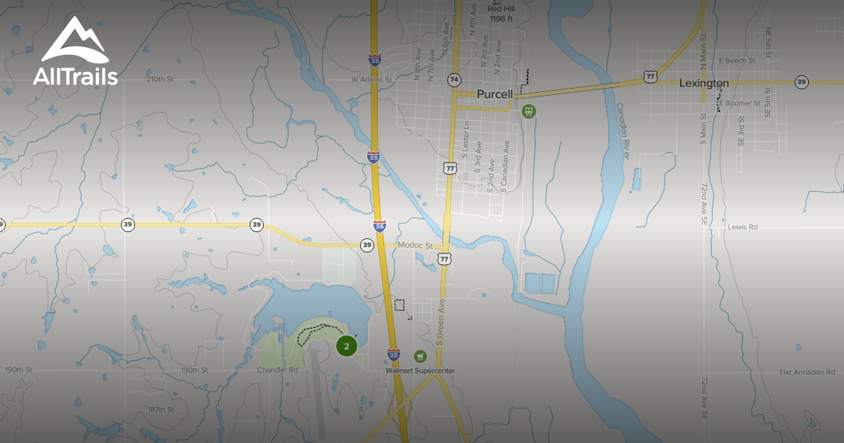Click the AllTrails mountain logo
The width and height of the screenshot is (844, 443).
(x=75, y=41)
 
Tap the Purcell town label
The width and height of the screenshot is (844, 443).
(x=494, y=94)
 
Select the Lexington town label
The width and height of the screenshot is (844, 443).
(x=703, y=83)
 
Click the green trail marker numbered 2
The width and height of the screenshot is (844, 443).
(x=346, y=346)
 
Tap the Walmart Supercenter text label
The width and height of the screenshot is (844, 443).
(x=420, y=371)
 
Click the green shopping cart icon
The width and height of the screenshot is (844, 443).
(x=421, y=357)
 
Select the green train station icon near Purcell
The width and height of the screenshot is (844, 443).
(x=528, y=111)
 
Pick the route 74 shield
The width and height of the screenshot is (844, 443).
(x=454, y=80)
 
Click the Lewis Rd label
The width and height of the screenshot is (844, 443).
(x=743, y=227)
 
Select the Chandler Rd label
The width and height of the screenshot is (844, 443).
(x=277, y=370)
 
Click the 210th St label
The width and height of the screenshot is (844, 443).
(x=160, y=79)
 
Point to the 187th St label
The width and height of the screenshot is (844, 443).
(x=161, y=409)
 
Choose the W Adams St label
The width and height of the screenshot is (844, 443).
(x=371, y=80)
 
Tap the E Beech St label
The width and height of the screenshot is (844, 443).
(x=736, y=61)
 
